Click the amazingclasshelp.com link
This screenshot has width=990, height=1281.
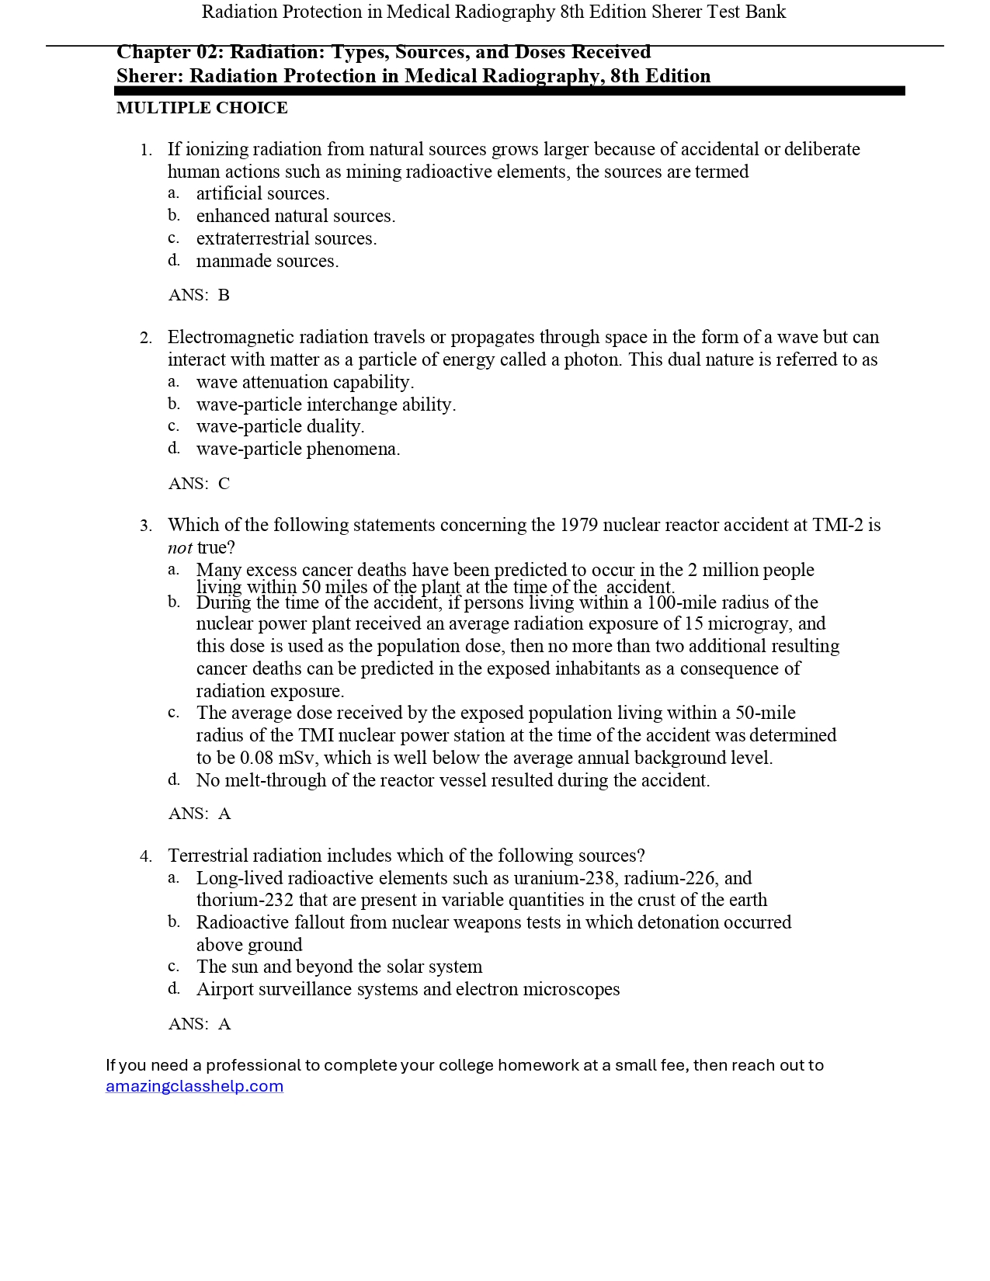pos(194,1086)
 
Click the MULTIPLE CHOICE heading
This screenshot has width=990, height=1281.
pos(202,108)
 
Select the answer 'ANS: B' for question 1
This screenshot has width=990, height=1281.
pos(199,295)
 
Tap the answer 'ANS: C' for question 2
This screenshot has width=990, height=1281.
pos(199,484)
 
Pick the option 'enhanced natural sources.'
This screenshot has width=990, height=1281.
pos(295,216)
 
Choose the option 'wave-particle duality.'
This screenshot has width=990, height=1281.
pos(280,426)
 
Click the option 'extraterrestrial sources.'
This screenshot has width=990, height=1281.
pos(286,238)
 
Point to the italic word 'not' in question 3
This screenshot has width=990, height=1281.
pos(179,548)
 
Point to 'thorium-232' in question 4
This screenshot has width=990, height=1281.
pos(245,900)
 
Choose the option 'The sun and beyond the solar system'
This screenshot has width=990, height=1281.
pos(339,967)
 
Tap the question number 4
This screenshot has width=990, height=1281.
pos(146,856)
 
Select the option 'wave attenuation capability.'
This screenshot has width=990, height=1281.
pos(304,382)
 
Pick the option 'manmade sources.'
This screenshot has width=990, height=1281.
pos(267,261)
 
